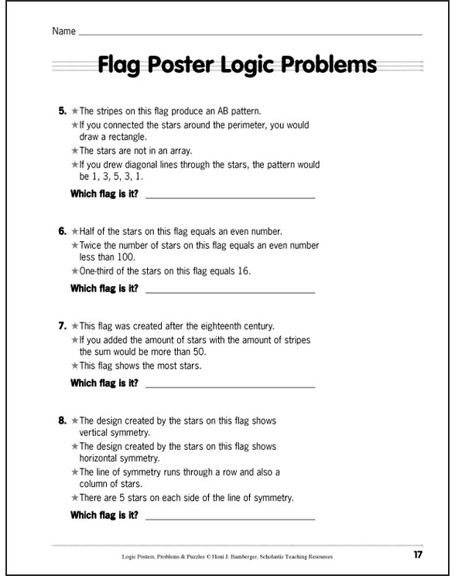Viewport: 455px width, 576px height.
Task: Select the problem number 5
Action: point(62,111)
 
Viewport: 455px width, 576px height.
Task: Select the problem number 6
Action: point(62,231)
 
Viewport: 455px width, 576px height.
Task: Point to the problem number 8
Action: point(62,421)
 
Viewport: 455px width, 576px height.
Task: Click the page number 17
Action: point(418,554)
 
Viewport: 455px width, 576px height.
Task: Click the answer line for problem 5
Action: point(230,197)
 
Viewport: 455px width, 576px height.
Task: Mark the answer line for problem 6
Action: point(230,291)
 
